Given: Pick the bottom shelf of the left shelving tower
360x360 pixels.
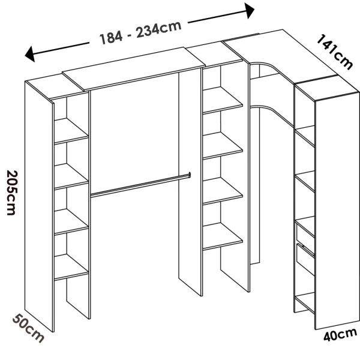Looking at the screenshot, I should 71,268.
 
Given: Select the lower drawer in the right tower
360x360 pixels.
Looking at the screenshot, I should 305,262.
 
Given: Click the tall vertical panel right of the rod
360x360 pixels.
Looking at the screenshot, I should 190,180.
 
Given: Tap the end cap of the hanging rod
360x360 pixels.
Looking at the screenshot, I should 188,175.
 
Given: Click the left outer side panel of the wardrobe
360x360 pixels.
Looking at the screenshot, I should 40,204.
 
